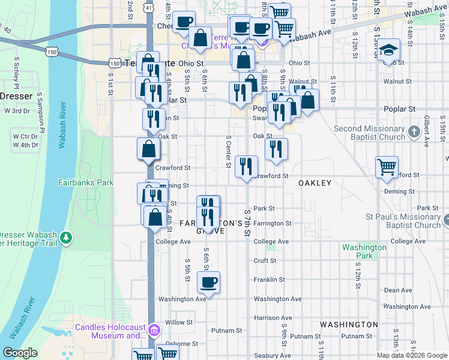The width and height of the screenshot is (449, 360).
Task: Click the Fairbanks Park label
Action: [x=86, y=182]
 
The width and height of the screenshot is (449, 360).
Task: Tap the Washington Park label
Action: [x=364, y=251]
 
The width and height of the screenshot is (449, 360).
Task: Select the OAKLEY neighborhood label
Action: [x=315, y=183]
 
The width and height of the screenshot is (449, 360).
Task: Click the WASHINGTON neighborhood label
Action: [x=349, y=324]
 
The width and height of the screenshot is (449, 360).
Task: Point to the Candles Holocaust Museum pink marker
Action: [x=154, y=329]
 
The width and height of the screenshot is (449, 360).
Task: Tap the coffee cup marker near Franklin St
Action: [x=208, y=282]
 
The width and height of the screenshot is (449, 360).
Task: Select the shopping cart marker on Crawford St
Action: [x=387, y=167]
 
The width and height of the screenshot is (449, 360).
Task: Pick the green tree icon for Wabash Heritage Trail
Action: [x=65, y=239]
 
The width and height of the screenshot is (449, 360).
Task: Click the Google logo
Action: [x=20, y=352]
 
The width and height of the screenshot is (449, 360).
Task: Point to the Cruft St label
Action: [x=265, y=260]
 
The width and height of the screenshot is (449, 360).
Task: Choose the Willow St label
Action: [x=178, y=322]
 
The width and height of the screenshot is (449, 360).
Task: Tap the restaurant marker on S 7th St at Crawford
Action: [x=246, y=166]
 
